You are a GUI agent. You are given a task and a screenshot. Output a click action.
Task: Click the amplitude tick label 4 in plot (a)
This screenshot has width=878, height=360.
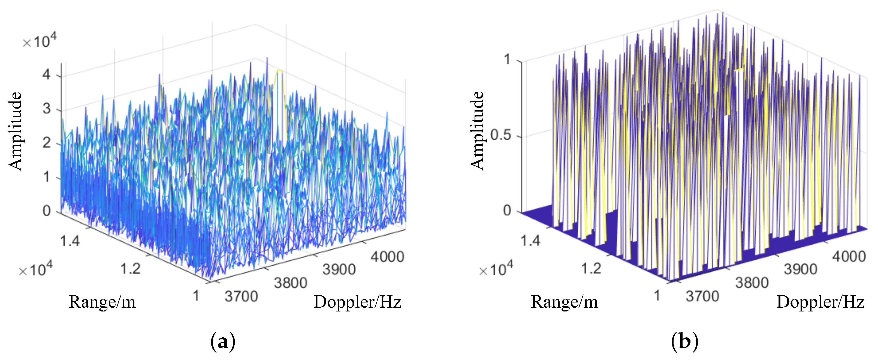click(47, 74)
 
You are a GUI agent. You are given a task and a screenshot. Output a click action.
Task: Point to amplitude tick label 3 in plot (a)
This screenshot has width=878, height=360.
click(47, 109)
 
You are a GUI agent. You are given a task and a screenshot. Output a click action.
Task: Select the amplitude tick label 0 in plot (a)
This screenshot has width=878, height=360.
click(47, 211)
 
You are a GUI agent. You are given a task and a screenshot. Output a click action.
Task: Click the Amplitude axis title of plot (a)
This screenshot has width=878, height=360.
click(15, 131)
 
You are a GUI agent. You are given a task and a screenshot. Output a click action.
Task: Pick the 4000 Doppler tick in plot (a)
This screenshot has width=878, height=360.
click(388, 257)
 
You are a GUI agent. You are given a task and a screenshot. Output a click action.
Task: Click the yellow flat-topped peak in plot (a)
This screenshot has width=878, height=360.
click(279, 71)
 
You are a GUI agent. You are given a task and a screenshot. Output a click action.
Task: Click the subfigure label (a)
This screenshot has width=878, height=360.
click(223, 341)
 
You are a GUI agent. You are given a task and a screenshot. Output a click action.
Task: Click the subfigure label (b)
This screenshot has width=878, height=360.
click(684, 341)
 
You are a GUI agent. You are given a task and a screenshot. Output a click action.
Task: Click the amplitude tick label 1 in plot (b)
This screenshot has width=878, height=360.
click(507, 60)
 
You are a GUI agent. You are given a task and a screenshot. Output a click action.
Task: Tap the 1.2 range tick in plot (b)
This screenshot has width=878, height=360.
click(591, 269)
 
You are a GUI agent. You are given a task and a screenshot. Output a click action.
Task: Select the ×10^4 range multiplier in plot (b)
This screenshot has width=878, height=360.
click(496, 270)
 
